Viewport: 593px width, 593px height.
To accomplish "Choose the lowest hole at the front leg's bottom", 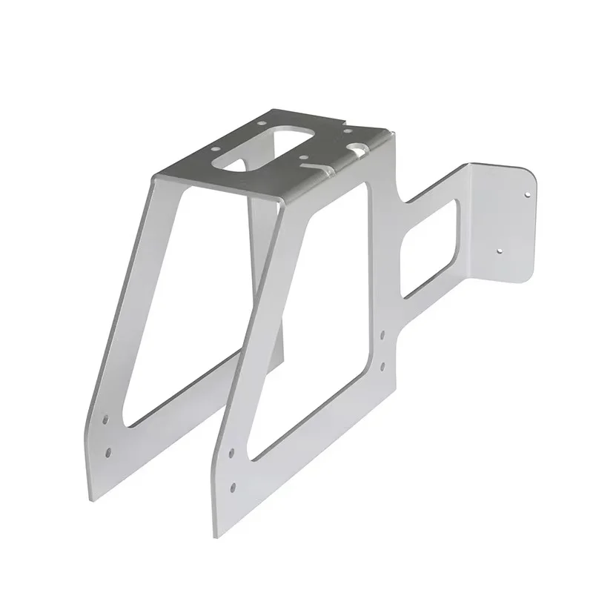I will [x=233, y=487].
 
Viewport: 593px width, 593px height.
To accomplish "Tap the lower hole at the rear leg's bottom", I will [x=109, y=450].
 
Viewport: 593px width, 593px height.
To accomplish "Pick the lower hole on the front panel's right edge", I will [x=383, y=365].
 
